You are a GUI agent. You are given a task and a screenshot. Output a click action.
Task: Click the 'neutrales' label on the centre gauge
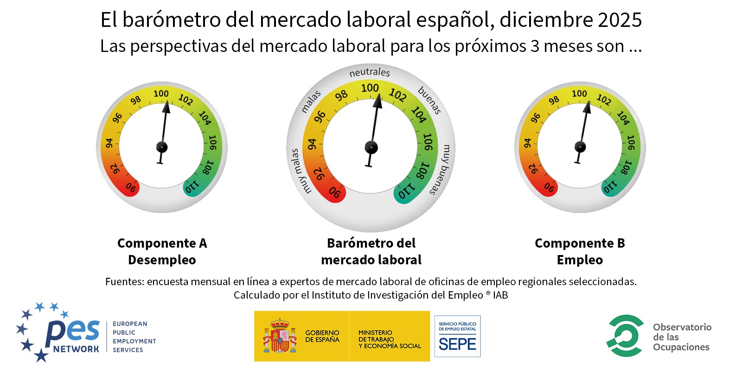[x=370, y=72]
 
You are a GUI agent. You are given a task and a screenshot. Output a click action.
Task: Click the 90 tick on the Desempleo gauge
[x=131, y=187]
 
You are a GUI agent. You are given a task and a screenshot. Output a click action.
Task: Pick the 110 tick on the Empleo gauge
[x=610, y=187]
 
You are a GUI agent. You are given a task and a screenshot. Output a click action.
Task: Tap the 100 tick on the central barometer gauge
[x=370, y=88]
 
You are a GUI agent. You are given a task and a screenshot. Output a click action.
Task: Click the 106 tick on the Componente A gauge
[x=212, y=142]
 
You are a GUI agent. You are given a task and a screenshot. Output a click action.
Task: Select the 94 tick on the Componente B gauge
[x=527, y=143]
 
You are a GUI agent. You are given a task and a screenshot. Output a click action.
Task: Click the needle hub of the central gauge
[x=371, y=147]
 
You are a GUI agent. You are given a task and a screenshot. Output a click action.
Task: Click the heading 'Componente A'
[x=162, y=243]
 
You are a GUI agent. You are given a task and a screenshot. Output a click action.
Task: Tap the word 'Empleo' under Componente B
[x=580, y=260]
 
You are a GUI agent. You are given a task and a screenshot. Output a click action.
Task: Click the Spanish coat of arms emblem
[x=280, y=336]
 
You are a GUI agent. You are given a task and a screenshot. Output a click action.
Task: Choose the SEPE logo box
[x=457, y=336]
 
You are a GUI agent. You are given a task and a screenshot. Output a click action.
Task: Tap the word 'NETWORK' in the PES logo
[x=76, y=349]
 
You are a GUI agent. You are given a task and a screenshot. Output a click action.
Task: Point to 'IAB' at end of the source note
[x=500, y=295]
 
